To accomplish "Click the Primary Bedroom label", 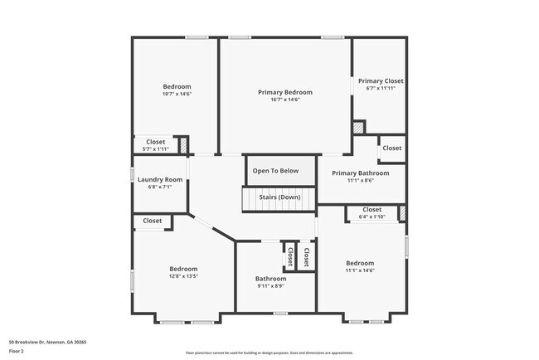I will [285, 92].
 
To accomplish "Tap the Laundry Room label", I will [160, 179].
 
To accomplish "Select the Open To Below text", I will [275, 171].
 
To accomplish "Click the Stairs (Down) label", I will [279, 197].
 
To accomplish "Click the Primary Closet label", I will [381, 80].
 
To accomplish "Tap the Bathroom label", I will [270, 279].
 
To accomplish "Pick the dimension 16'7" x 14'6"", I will [285, 100].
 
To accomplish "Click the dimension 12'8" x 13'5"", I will [183, 276].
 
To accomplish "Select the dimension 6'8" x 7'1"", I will [160, 187].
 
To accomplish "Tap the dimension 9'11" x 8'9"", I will [270, 286].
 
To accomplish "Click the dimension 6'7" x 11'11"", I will [381, 88].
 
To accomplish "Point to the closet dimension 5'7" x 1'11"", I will [156, 148].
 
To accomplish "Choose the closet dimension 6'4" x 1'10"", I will [371, 216].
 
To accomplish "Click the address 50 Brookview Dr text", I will [48, 342].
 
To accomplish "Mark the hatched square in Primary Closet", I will [359, 129].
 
